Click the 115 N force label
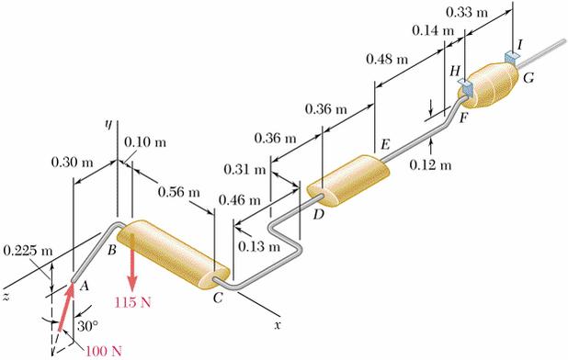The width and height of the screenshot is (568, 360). pyautogui.click(x=132, y=302)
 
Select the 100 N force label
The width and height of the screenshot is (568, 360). pyautogui.click(x=104, y=351)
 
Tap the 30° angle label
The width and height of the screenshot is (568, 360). pyautogui.click(x=87, y=326)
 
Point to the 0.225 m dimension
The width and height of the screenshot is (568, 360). pyautogui.click(x=28, y=251)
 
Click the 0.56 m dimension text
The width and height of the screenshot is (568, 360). pyautogui.click(x=179, y=192)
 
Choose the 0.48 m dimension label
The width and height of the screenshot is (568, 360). pyautogui.click(x=387, y=59)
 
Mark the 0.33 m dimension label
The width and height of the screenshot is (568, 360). pyautogui.click(x=467, y=13)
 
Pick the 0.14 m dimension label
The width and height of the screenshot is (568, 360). pyautogui.click(x=433, y=30)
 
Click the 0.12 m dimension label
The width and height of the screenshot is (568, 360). pyautogui.click(x=431, y=165)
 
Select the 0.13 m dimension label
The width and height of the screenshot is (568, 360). pyautogui.click(x=259, y=247)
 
